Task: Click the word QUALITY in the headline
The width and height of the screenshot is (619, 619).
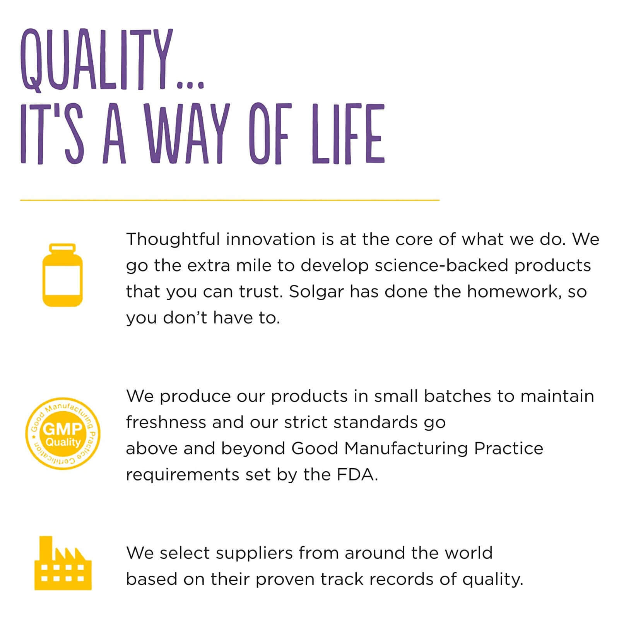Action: [x=96, y=60]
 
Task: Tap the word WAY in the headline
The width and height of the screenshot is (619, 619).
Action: [x=186, y=134]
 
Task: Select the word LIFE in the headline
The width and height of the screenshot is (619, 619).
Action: [x=348, y=134]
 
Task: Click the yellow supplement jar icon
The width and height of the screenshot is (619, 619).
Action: [x=62, y=275]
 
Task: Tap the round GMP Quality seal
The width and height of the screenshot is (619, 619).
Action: [x=63, y=434]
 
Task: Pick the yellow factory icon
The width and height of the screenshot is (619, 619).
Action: [x=63, y=563]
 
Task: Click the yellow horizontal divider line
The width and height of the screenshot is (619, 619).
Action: [x=230, y=200]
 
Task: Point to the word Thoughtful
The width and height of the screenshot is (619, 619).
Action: [x=173, y=239]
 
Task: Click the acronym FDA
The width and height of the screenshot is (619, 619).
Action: [x=356, y=474]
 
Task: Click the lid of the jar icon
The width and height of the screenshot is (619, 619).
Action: [x=62, y=248]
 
